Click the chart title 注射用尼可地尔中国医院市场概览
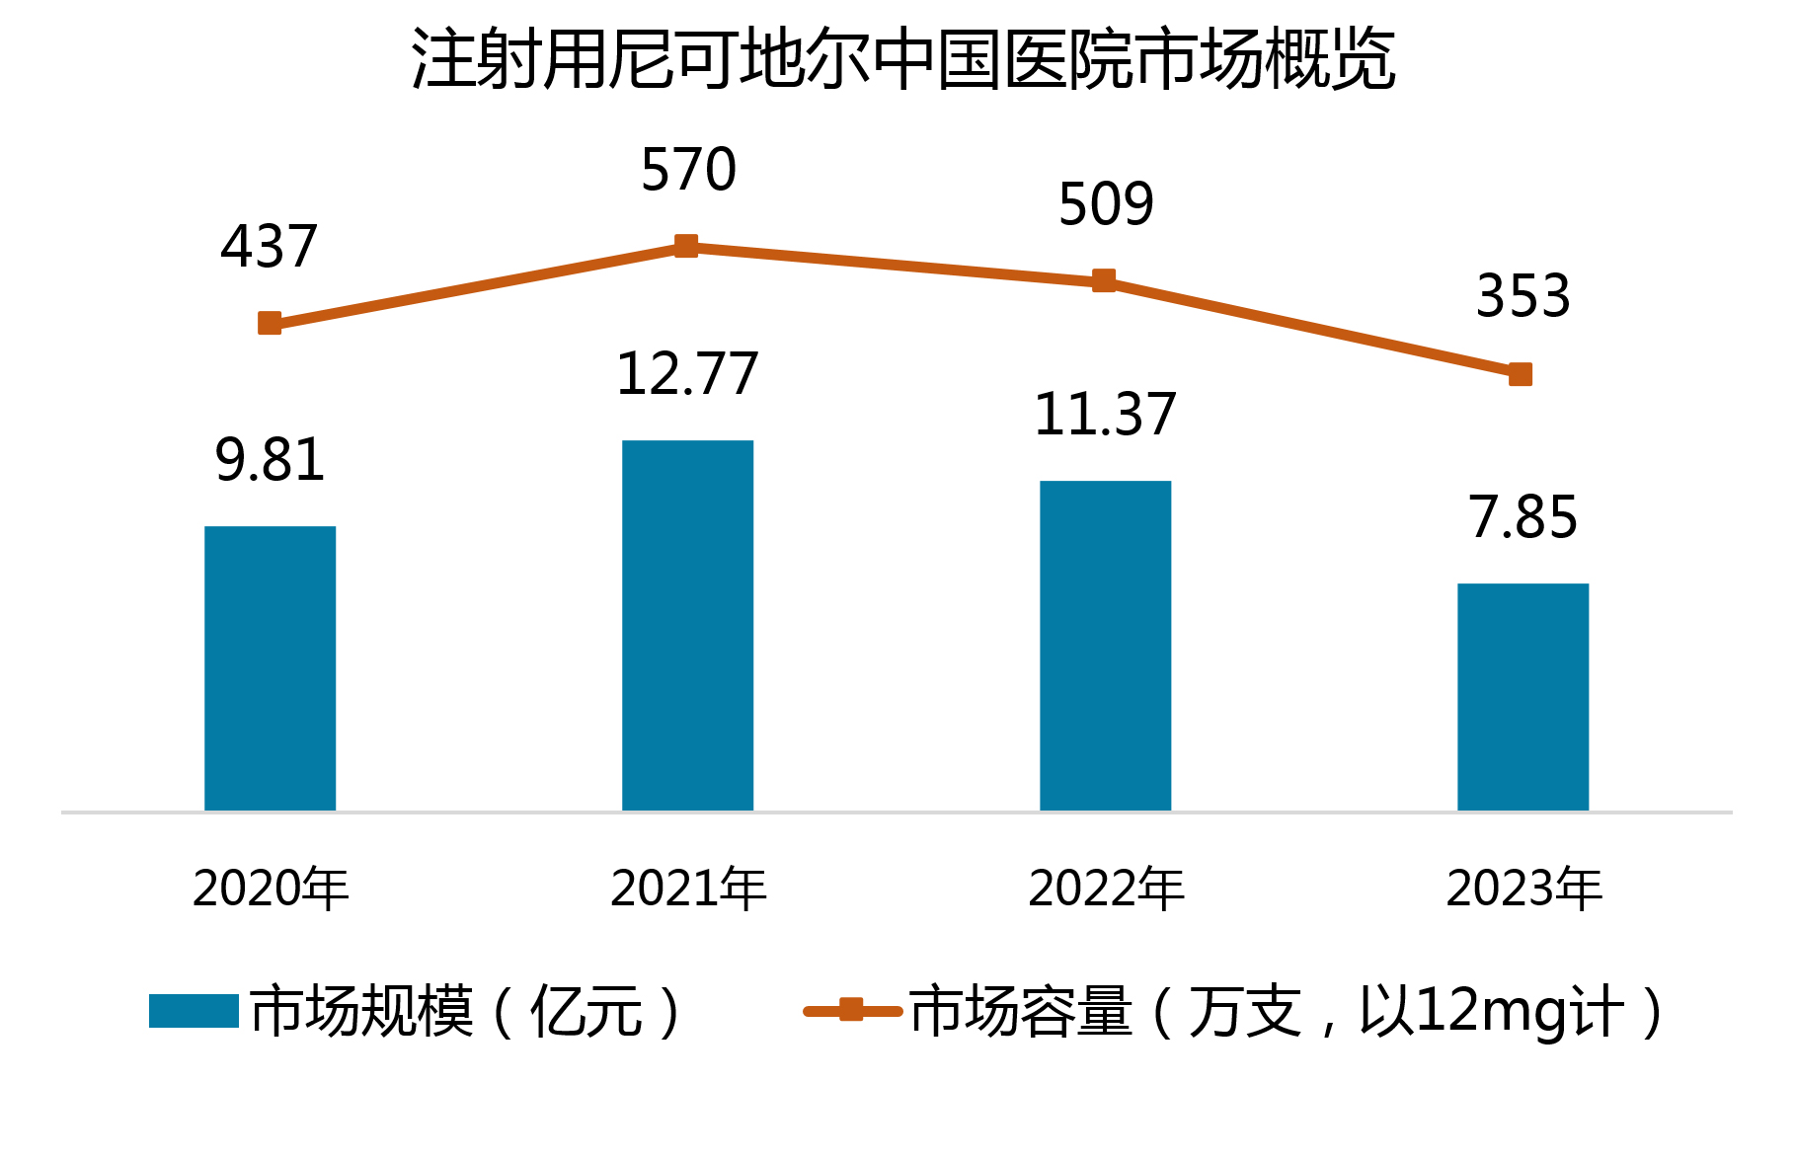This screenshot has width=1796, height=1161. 902,59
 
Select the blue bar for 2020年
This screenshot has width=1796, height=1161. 270,668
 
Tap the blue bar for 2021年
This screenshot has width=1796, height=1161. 687,625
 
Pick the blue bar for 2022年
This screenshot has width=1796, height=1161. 1105,646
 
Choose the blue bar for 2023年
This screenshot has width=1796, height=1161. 1523,697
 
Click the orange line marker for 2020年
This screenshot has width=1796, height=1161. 270,323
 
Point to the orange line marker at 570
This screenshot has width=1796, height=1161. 686,246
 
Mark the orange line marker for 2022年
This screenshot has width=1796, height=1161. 1104,281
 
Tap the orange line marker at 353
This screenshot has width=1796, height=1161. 1521,374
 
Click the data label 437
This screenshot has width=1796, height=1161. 269,247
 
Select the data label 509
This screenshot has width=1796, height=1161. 1106,205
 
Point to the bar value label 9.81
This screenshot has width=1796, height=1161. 270,460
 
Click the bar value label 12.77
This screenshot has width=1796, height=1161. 687,374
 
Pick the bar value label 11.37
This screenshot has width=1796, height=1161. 1105,415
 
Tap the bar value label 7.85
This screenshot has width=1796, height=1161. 1523,517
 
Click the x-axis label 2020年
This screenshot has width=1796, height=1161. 271,889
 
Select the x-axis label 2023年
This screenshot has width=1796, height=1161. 1523,889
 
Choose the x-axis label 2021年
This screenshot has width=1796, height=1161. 688,889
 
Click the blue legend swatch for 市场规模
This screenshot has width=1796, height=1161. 194,1011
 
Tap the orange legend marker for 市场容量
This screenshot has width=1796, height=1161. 851,1010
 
